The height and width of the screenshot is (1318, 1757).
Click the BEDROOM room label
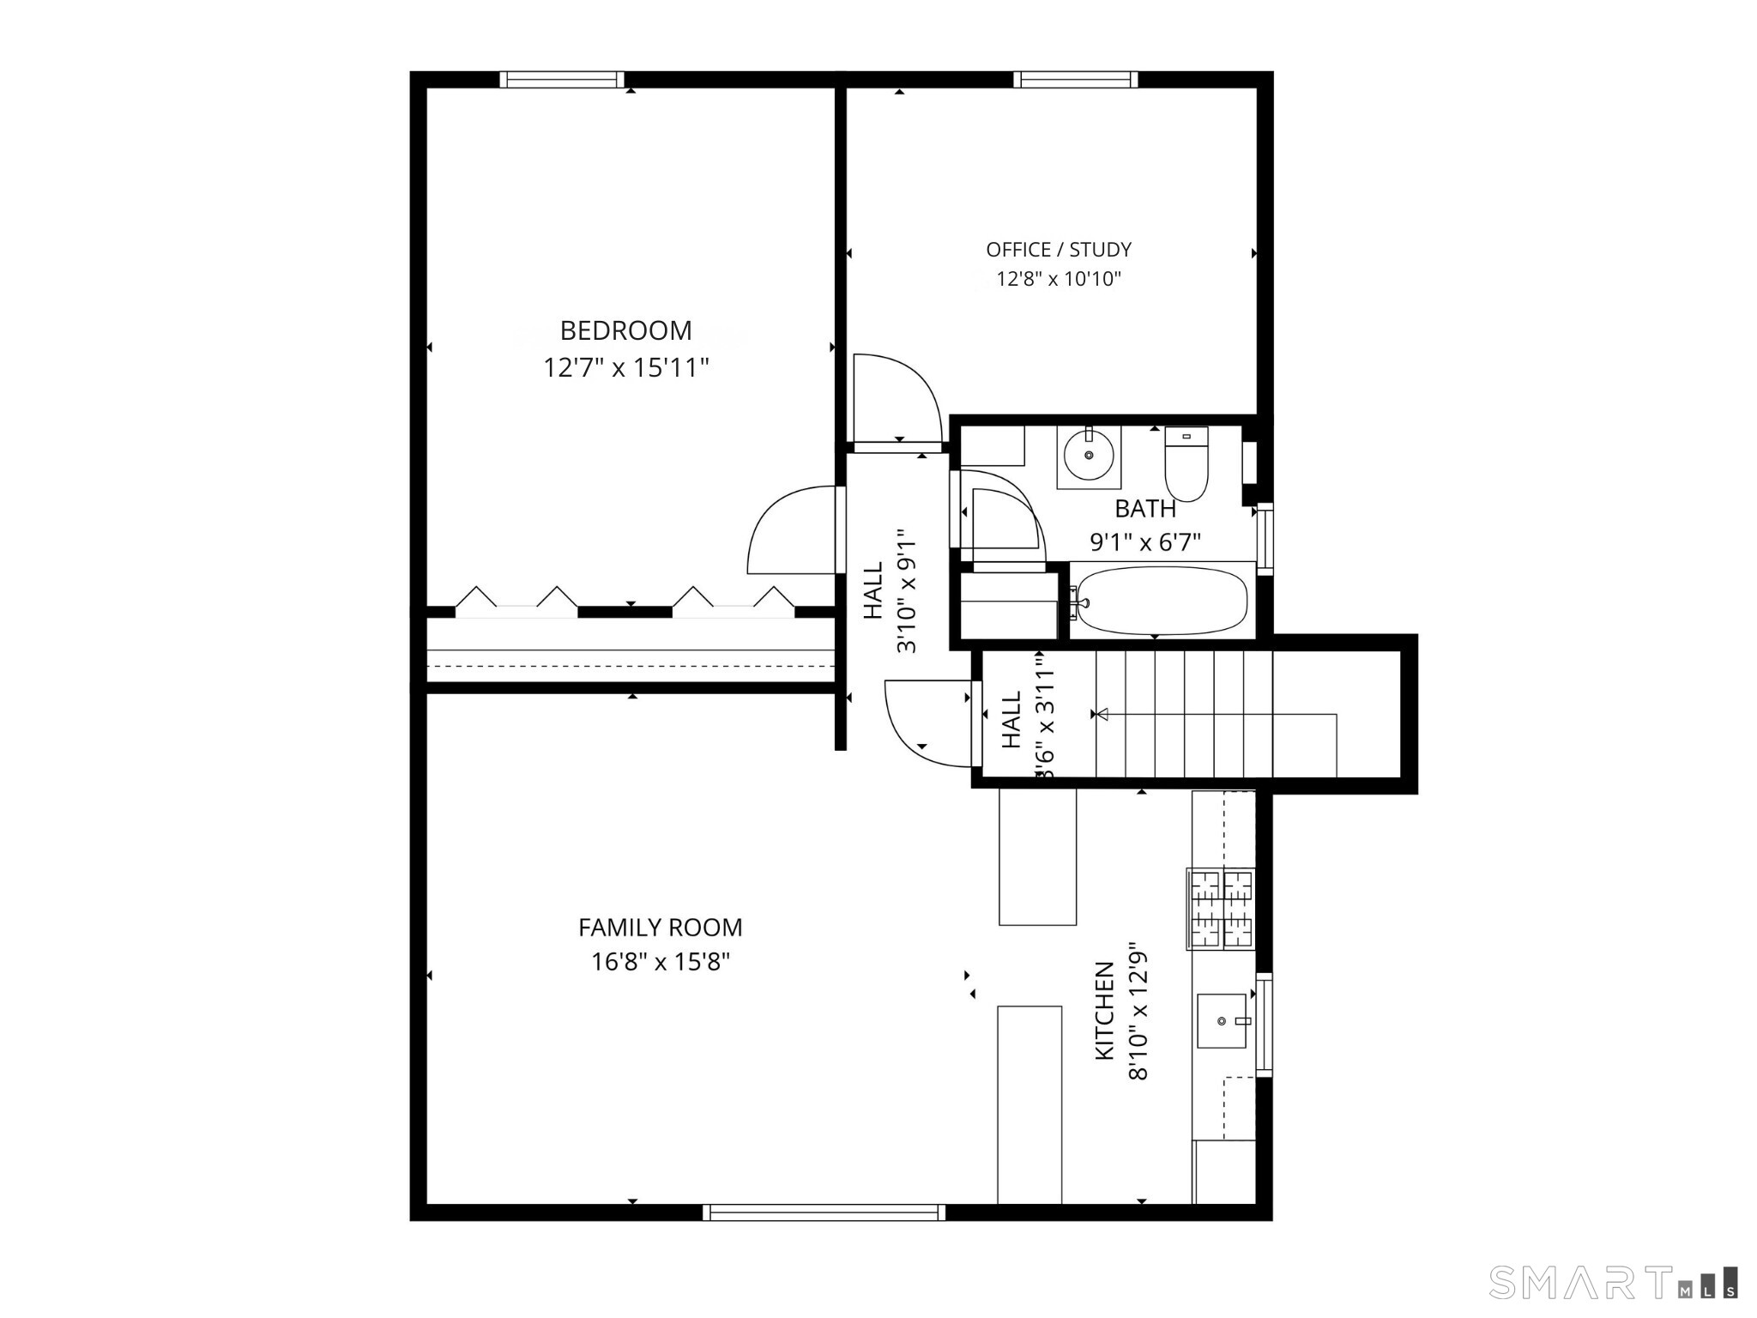pos(625,330)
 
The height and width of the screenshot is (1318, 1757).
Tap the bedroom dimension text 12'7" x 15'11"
pos(625,368)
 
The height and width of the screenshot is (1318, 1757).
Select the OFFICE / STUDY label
pos(1058,250)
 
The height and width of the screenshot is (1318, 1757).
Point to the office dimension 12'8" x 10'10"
pos(1058,279)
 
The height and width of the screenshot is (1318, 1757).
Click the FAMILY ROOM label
pos(660,928)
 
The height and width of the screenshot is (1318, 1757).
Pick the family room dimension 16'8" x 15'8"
pos(660,962)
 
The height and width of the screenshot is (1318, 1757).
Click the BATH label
pos(1144,509)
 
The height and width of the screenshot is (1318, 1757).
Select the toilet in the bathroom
pos(1186,464)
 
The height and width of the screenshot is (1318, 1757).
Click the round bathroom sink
pos(1089,456)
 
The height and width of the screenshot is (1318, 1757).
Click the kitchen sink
pos(1221,1021)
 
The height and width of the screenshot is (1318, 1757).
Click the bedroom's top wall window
pos(562,80)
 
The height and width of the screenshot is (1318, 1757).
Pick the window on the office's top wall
pos(1075,80)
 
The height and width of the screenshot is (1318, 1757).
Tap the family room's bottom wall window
pos(824,1212)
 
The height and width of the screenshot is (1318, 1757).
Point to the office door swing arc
pos(901,395)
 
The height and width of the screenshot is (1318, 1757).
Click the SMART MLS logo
pos(1613,1283)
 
